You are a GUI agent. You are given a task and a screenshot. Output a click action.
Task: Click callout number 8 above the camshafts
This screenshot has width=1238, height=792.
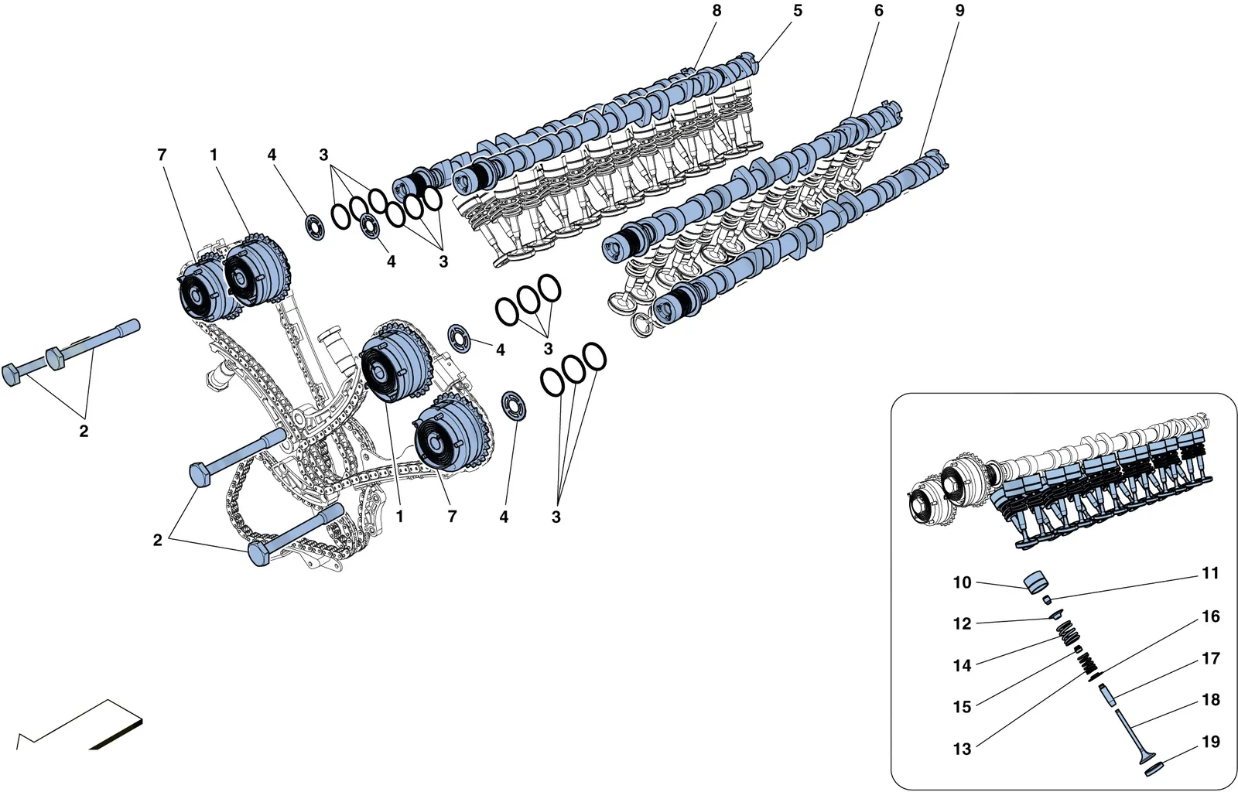pos(716,11)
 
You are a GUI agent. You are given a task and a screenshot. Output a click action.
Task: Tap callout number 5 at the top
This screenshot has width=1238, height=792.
pos(798,11)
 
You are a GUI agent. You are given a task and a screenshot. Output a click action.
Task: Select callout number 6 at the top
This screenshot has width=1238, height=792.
pos(879,11)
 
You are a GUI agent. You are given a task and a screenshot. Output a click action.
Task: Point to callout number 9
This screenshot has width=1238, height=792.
pos(959,11)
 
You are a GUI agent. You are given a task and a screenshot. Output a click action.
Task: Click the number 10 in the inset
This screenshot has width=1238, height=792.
pos(963,582)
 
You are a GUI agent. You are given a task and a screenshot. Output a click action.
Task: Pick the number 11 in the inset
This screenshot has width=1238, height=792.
pos(1210,573)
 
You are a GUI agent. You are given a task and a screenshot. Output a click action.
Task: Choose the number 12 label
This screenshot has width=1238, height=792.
pos(963,623)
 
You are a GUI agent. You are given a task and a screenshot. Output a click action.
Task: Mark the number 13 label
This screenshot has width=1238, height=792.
pos(963,749)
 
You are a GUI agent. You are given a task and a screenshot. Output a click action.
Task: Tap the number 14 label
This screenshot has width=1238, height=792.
pos(963,665)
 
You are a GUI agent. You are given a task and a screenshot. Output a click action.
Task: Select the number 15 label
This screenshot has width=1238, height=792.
pos(963,707)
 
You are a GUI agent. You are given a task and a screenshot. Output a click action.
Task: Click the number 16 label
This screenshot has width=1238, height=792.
pos(1210,616)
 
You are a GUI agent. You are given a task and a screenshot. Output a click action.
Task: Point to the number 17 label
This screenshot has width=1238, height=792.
pos(1210,658)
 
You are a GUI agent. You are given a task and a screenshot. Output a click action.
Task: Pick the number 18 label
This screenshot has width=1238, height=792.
pos(1210,700)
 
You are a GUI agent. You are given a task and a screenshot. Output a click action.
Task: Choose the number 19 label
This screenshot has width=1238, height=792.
pos(1210,741)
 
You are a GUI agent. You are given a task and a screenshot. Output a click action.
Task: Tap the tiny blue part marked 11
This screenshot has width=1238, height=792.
pos(1047,599)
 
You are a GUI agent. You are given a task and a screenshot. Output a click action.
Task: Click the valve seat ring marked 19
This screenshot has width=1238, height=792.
pos(1154,770)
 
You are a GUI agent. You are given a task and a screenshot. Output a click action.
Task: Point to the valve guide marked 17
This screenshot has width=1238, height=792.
pos(1108,695)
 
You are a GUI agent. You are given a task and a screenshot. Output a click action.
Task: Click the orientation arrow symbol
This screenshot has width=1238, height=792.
pos(80,725)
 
